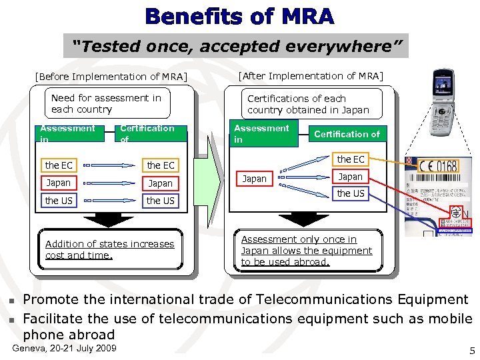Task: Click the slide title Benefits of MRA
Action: [240, 16]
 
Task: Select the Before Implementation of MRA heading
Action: [111, 76]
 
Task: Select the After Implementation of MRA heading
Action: [311, 75]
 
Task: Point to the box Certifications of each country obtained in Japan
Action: [309, 104]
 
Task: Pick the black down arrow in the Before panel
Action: [110, 221]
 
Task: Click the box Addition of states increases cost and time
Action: [110, 249]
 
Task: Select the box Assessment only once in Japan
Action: [307, 251]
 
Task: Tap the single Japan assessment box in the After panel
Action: [254, 179]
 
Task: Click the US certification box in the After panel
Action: [351, 193]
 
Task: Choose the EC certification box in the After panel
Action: [351, 159]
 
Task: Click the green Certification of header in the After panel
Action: [347, 134]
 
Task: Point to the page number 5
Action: [472, 351]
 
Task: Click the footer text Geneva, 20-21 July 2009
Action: [64, 349]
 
